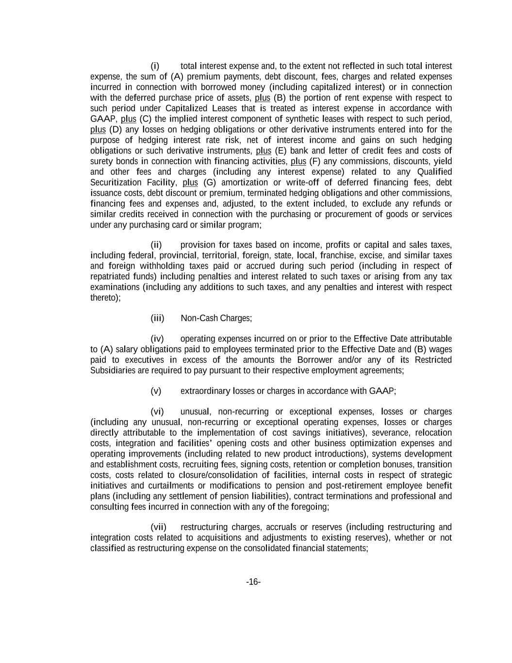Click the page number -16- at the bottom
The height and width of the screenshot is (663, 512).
(x=253, y=582)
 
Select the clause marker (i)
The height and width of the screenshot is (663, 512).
(x=155, y=66)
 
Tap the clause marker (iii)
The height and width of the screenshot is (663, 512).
(x=157, y=318)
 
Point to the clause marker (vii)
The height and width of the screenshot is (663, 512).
(x=158, y=527)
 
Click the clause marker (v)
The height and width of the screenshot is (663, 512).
(x=156, y=391)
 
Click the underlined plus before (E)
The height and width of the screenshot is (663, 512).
(x=263, y=151)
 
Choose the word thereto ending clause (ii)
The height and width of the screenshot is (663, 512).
(x=104, y=298)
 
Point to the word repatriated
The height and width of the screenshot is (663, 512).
(x=111, y=276)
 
